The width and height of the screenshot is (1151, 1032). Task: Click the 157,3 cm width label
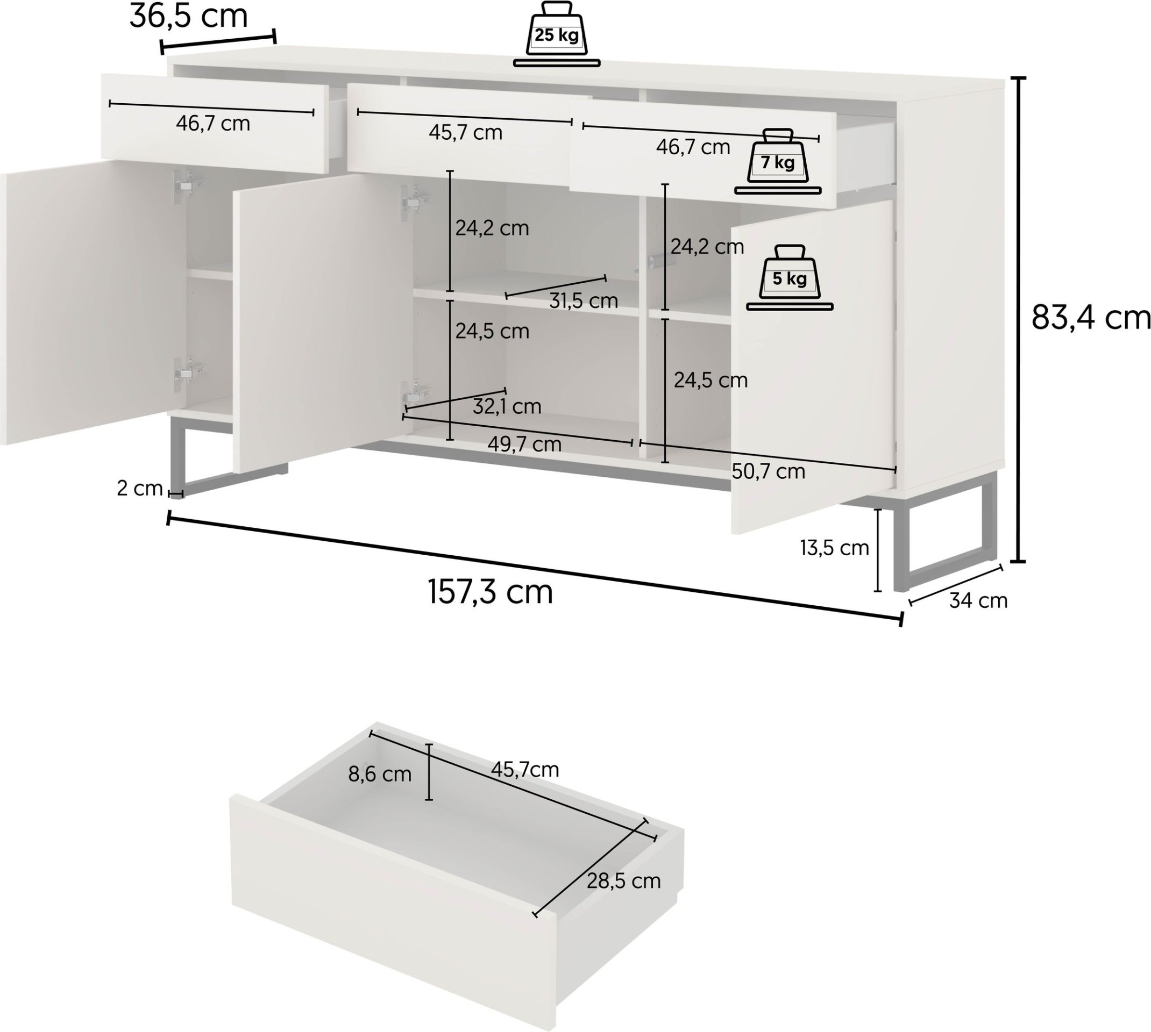pyautogui.click(x=490, y=592)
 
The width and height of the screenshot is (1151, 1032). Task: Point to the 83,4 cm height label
pyautogui.click(x=1091, y=318)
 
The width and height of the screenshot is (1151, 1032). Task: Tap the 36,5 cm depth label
pyautogui.click(x=189, y=16)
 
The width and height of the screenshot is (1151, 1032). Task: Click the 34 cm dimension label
pyautogui.click(x=978, y=600)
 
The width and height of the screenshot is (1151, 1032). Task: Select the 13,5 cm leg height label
pyautogui.click(x=834, y=548)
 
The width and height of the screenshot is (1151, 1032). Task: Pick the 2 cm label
pyautogui.click(x=139, y=488)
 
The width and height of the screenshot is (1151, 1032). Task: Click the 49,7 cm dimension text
pyautogui.click(x=525, y=444)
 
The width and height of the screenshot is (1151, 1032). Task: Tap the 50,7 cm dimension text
pyautogui.click(x=768, y=471)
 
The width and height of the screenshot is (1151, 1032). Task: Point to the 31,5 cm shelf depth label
pyautogui.click(x=584, y=300)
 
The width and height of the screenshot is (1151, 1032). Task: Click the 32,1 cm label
pyautogui.click(x=507, y=406)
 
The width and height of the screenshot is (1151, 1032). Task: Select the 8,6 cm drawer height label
pyautogui.click(x=380, y=774)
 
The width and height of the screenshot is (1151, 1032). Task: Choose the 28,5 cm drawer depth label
pyautogui.click(x=624, y=880)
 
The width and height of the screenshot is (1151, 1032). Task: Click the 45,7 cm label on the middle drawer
pyautogui.click(x=466, y=132)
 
